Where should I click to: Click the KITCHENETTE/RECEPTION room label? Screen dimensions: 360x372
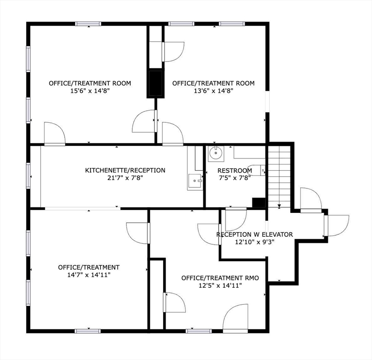tap(125, 170)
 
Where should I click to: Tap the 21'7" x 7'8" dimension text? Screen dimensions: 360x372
tap(125, 178)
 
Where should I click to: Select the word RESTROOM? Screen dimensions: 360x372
tap(235, 170)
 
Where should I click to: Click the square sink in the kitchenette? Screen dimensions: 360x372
tap(194, 180)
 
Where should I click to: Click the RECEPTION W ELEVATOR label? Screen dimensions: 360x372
tap(254, 234)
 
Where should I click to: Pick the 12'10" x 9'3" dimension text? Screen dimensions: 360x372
tap(254, 242)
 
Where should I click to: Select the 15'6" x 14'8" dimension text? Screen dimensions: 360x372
tap(90, 91)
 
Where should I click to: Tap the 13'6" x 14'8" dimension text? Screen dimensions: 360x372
tap(213, 91)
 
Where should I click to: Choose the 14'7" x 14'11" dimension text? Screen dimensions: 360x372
tap(89, 275)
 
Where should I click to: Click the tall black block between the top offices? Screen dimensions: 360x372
tap(155, 83)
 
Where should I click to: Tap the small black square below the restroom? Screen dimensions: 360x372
tap(258, 202)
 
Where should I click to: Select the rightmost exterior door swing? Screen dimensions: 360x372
tap(337, 225)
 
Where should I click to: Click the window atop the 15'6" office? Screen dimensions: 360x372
tap(88, 23)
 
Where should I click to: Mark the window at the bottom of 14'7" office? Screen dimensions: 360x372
tap(88, 331)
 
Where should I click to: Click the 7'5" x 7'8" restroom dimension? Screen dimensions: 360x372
tap(235, 178)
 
